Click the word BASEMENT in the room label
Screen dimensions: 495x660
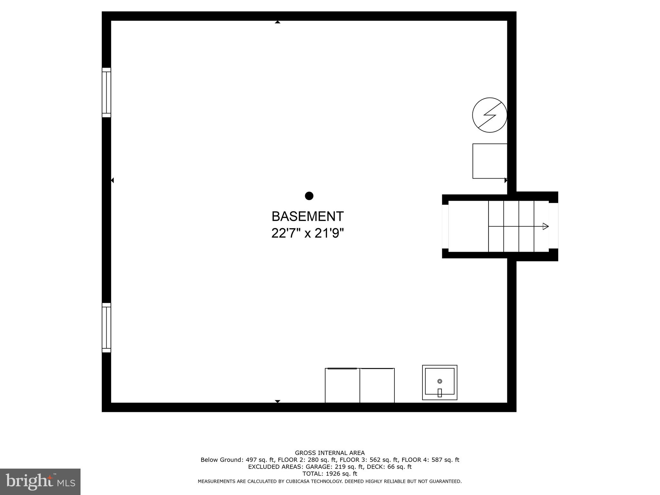(x=307, y=217)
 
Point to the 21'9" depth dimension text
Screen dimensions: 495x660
(x=329, y=233)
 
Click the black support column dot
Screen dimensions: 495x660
(x=309, y=196)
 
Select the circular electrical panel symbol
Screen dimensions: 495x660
(x=490, y=115)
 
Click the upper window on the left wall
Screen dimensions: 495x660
(x=106, y=92)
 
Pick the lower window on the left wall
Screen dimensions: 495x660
(x=106, y=327)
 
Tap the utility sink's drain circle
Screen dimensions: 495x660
(x=440, y=381)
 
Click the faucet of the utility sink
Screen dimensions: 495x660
(x=440, y=393)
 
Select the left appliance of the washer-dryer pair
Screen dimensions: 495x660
(x=342, y=385)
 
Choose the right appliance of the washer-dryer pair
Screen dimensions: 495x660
(x=377, y=385)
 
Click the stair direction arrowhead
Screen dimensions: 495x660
(x=546, y=226)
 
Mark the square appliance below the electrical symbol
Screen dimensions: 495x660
(x=490, y=161)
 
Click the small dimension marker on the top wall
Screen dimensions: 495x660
(x=277, y=22)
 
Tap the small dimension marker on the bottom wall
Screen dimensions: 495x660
(x=277, y=401)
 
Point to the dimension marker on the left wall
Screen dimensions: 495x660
(x=112, y=180)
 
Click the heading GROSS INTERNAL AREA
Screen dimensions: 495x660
(x=330, y=453)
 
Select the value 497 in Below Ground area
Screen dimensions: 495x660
(x=252, y=460)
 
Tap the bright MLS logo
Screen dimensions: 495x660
(x=40, y=481)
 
